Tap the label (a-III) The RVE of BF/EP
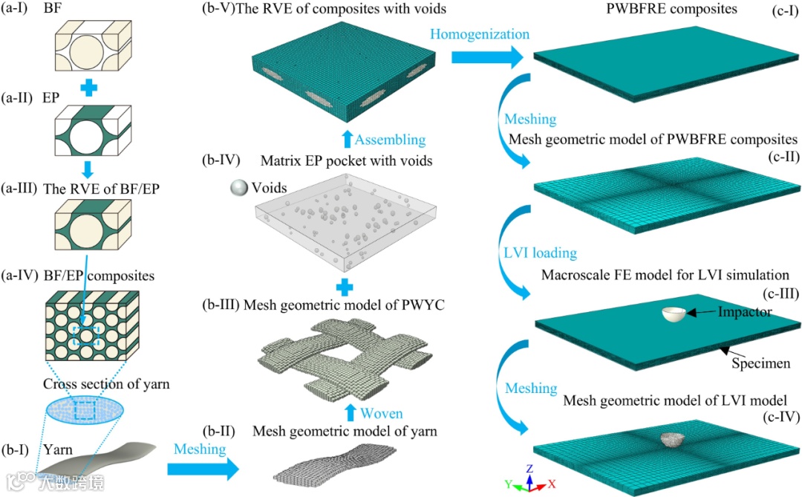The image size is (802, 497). [90, 188]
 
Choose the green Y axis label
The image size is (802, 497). [509, 484]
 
